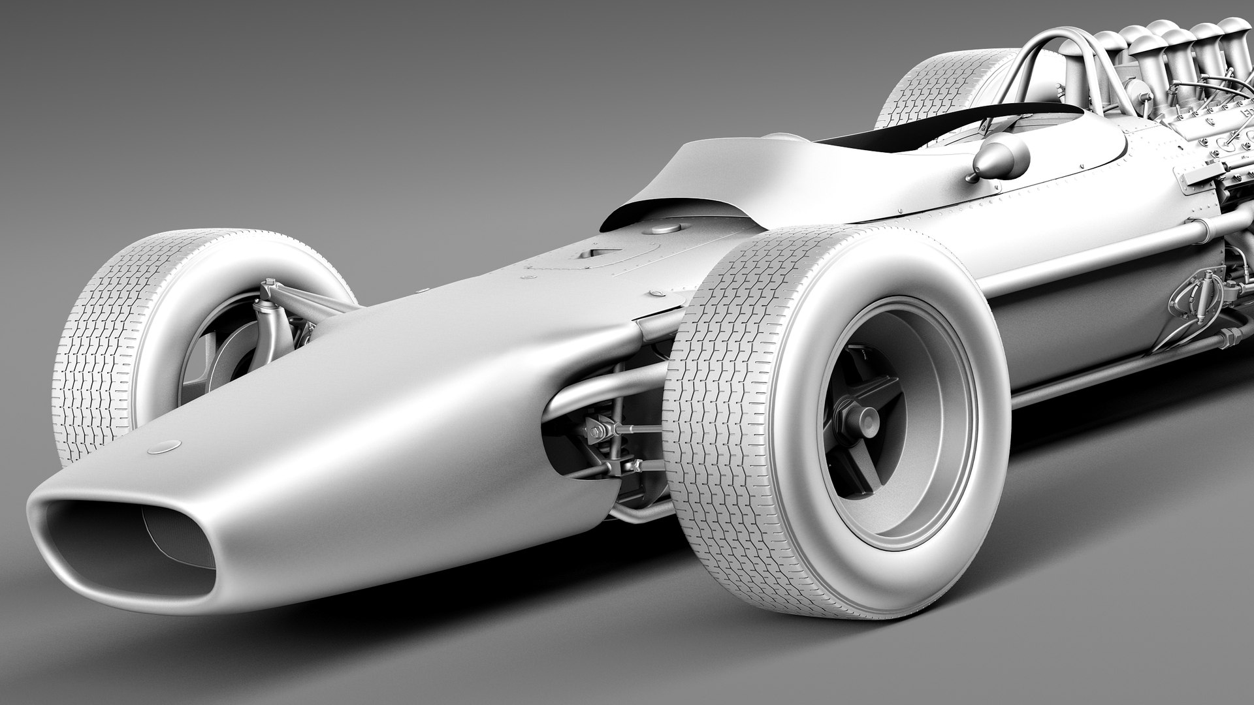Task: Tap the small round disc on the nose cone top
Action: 164,447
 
